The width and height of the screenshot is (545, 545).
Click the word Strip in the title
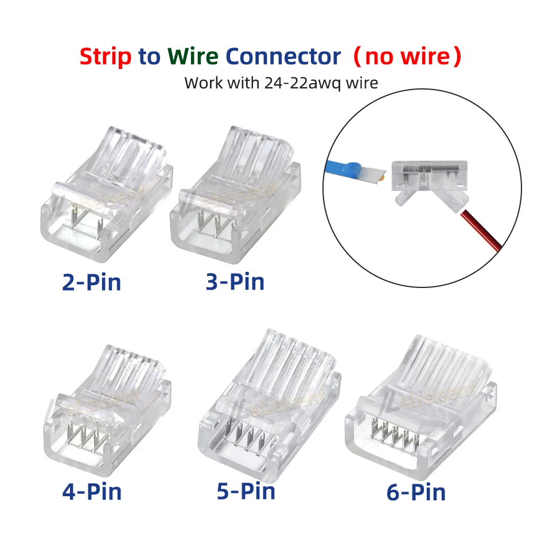106,57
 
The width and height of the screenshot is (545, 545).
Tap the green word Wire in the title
193,57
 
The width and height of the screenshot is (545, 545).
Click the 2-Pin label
92,282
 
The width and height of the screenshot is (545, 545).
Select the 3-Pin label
235,282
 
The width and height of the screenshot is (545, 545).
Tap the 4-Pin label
92,491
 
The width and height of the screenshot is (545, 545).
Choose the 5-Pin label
246,490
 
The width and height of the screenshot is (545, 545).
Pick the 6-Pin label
416,492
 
